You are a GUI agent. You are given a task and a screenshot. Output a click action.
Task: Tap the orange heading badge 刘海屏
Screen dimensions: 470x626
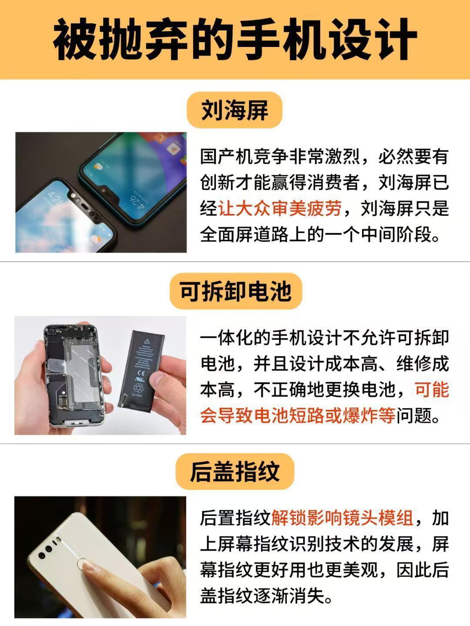click(235, 110)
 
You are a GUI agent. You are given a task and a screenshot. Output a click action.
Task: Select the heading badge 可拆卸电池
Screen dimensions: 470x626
click(235, 291)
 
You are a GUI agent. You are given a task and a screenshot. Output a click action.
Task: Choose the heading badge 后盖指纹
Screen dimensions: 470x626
click(235, 472)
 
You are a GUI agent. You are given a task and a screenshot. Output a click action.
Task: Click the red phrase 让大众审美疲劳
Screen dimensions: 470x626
click(280, 208)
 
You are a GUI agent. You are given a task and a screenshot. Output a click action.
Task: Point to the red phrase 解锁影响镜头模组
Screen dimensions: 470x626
click(342, 518)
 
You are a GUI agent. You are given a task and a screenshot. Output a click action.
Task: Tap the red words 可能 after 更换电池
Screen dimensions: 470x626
click(432, 389)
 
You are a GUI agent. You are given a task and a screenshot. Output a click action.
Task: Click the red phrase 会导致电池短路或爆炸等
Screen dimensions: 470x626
click(298, 415)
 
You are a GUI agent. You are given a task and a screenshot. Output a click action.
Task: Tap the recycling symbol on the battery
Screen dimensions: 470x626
click(138, 388)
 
